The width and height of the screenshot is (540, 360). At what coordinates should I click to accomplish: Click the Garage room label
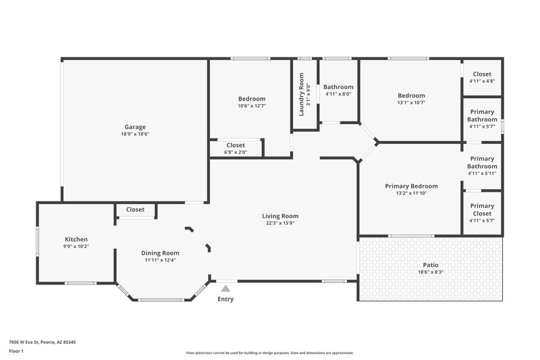click(x=135, y=127)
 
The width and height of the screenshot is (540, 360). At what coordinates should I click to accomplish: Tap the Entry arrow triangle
click(x=225, y=288)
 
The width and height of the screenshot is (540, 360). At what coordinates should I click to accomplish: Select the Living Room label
click(x=280, y=216)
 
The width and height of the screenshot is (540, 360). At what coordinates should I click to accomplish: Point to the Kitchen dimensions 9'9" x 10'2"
click(x=76, y=247)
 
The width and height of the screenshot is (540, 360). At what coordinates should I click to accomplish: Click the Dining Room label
click(x=160, y=253)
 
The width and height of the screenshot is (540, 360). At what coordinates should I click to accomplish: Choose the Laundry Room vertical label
click(x=301, y=94)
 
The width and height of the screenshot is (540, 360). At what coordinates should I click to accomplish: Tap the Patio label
click(x=430, y=264)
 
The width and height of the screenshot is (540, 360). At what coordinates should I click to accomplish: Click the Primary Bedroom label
click(x=411, y=186)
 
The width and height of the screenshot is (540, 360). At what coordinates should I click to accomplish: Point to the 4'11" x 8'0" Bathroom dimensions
click(x=338, y=95)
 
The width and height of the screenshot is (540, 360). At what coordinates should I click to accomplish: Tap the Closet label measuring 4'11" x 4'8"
click(x=482, y=74)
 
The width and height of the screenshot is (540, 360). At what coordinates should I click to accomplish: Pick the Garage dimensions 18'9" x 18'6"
click(x=135, y=134)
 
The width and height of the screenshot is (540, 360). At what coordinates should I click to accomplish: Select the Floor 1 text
click(x=16, y=352)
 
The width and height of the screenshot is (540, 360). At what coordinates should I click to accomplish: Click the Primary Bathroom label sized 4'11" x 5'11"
click(x=482, y=162)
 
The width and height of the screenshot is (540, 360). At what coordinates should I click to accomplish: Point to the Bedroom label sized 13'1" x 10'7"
click(x=411, y=96)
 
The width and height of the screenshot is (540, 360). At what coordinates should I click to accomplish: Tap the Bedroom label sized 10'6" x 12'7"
click(x=252, y=99)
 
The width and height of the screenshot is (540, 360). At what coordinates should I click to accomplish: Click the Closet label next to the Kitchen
click(x=135, y=209)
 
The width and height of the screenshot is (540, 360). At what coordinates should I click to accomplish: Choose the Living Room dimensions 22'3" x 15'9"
click(x=280, y=224)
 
